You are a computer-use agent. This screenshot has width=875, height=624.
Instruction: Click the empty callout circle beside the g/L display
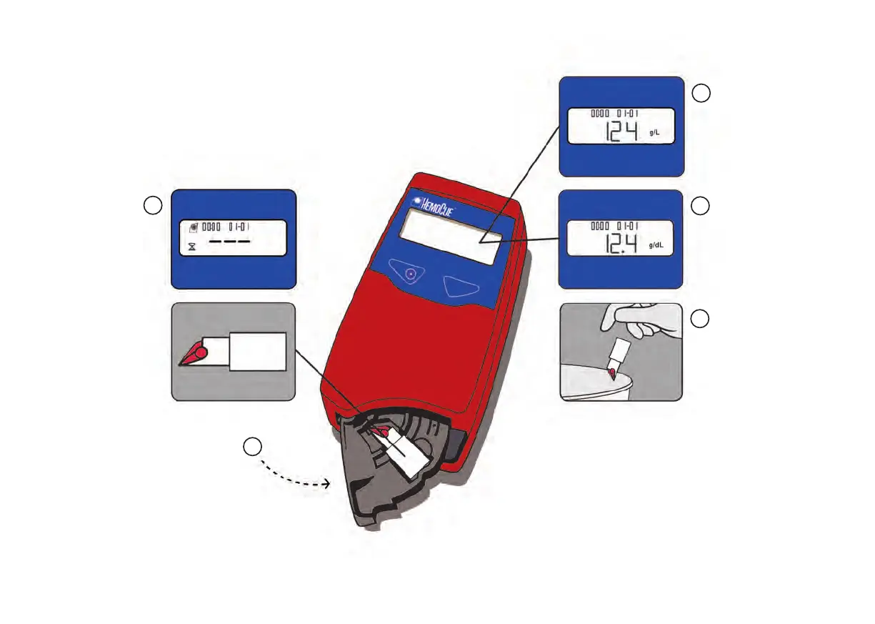pos(701,93)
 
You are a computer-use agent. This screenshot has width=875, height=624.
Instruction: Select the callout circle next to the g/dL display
pos(701,206)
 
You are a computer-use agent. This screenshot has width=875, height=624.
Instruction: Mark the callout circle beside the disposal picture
pos(701,319)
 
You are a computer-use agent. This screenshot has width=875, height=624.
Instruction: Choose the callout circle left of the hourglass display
pos(152,206)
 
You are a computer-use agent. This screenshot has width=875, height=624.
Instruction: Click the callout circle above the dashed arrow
pos(251,447)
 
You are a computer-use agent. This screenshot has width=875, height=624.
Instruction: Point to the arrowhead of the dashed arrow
pos(327,484)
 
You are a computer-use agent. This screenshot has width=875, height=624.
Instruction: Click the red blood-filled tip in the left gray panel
pos(194,352)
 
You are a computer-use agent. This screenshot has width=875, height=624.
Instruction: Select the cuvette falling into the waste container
pos(616,358)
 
